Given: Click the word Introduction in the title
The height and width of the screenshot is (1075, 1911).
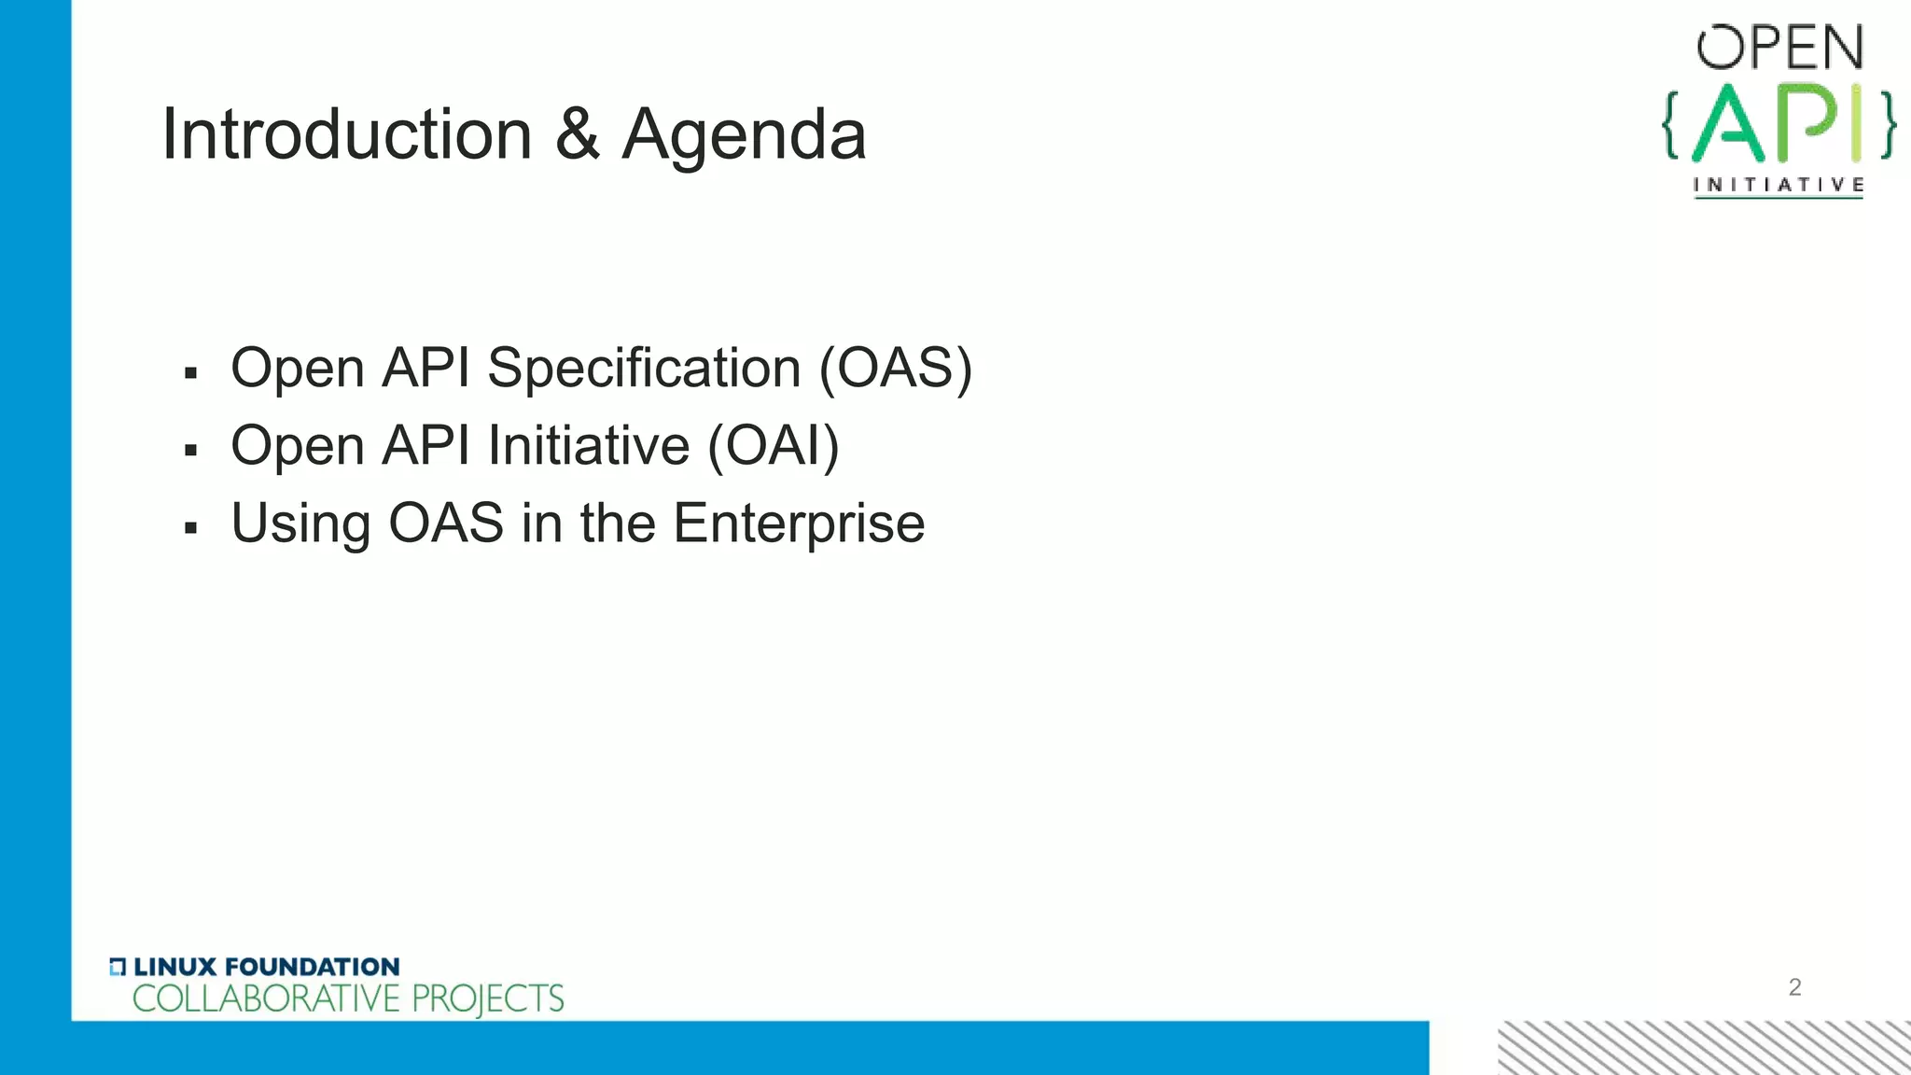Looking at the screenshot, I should click(346, 134).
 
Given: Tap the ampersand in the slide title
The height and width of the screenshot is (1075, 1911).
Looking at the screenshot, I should click(577, 134).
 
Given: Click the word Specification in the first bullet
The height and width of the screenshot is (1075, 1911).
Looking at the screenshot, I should click(644, 368).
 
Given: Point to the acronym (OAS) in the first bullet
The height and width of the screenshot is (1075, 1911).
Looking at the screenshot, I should click(895, 368).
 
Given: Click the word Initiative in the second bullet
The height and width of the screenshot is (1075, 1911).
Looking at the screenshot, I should click(589, 445).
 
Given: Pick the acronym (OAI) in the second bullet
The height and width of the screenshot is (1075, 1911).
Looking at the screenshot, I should click(774, 445).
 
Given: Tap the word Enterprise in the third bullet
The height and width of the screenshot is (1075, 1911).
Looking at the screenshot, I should click(799, 524).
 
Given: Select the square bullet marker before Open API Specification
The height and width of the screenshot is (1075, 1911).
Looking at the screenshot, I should click(191, 374).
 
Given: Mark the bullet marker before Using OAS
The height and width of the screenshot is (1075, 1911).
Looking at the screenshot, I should click(191, 529).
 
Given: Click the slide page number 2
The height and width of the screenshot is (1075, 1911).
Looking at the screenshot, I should click(1794, 987).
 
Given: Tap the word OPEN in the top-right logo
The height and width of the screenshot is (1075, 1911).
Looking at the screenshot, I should click(1779, 49).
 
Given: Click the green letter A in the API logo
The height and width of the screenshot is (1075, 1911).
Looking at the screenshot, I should click(1728, 124).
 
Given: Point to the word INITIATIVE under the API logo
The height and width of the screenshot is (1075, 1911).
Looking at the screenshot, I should click(1778, 185).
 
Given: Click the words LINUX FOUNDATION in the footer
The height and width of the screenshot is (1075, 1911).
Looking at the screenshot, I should click(266, 967).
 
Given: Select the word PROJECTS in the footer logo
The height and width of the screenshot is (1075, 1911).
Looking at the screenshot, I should click(487, 999).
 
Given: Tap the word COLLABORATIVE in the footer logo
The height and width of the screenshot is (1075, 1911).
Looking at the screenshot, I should click(266, 999).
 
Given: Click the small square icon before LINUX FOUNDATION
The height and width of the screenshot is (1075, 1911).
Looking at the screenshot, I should click(118, 967).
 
